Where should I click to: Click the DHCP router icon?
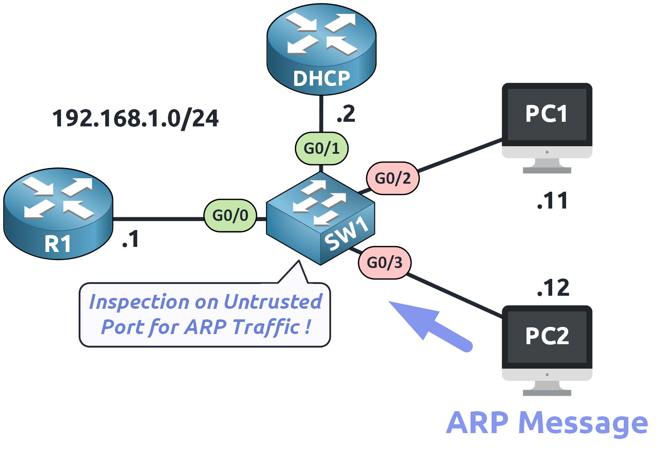click(321, 48)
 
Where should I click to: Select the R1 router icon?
click(58, 213)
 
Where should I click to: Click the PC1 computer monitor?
click(547, 122)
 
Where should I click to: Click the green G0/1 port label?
click(322, 148)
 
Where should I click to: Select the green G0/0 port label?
click(230, 215)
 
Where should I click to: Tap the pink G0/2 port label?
click(392, 178)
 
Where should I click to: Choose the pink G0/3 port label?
click(384, 262)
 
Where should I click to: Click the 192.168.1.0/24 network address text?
click(135, 118)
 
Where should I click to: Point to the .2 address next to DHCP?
click(346, 114)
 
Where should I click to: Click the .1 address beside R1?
click(131, 239)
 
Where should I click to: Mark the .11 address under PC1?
click(552, 201)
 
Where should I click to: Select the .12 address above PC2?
click(553, 288)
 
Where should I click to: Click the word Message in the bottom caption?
click(583, 423)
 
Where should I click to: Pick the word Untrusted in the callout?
click(273, 302)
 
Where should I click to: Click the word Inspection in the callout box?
click(139, 302)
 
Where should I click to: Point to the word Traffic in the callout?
click(266, 327)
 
